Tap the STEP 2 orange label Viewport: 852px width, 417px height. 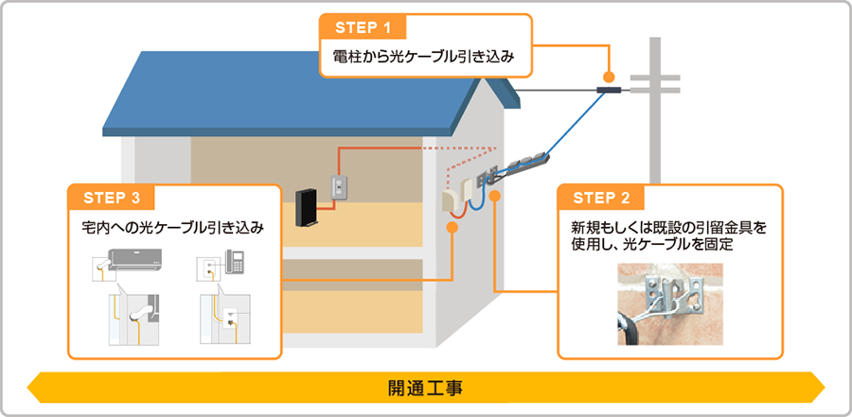pyautogui.click(x=603, y=198)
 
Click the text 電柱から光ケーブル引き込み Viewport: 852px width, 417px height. pyautogui.click(x=423, y=58)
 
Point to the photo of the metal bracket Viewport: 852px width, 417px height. pyautogui.click(x=670, y=302)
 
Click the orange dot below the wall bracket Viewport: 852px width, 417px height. pyautogui.click(x=495, y=198)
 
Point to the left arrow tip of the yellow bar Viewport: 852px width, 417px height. pyautogui.click(x=32, y=388)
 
